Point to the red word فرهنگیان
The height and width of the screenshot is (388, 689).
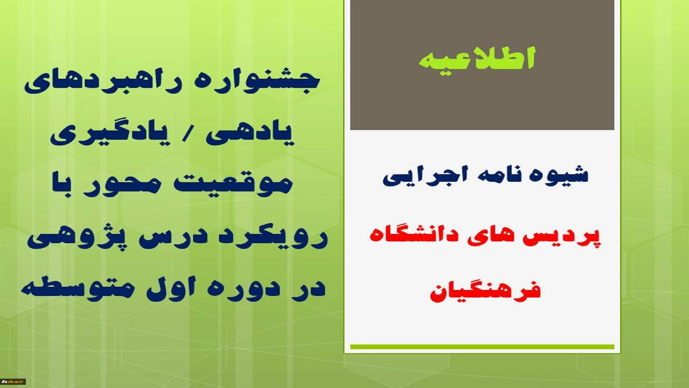pos(485,291)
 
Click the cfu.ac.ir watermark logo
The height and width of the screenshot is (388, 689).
pos(13,382)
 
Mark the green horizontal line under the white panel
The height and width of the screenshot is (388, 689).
pos(482,347)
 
